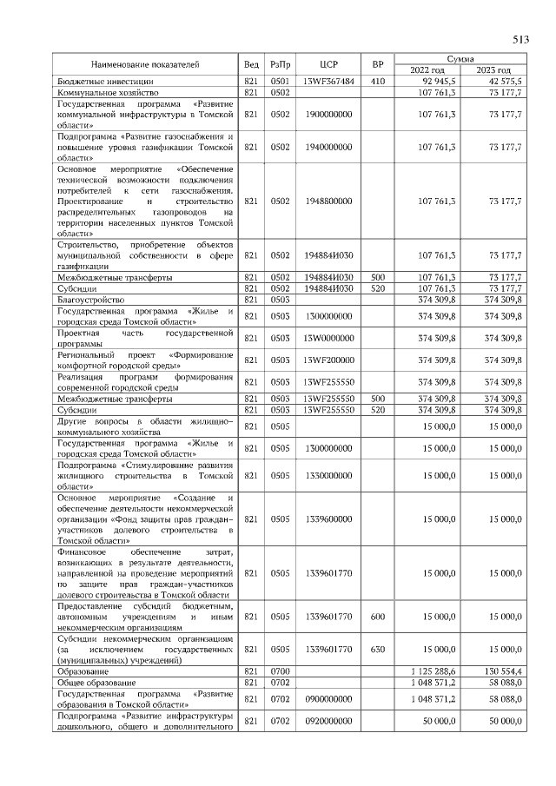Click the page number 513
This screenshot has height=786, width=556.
click(520, 40)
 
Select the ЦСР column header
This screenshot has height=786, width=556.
click(328, 64)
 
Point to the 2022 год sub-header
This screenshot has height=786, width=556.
click(426, 69)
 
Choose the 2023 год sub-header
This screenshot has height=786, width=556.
click(493, 69)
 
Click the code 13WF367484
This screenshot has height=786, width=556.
click(328, 81)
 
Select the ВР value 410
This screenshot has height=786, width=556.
click(377, 81)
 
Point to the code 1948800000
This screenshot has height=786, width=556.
click(328, 201)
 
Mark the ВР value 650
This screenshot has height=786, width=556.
click(377, 649)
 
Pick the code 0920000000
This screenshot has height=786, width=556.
click(328, 722)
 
